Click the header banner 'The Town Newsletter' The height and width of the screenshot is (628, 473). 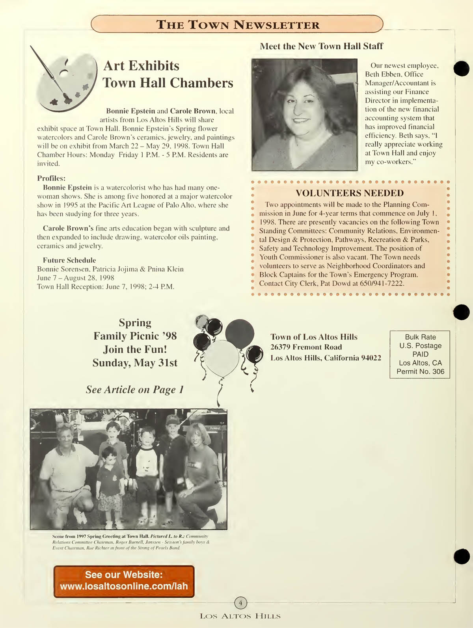[x=238, y=24]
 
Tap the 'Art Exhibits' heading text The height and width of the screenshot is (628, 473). [x=141, y=65]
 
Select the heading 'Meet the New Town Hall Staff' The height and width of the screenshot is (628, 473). [x=321, y=46]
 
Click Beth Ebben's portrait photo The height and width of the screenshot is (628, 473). [x=304, y=114]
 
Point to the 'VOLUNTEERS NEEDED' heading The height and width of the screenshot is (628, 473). [x=350, y=193]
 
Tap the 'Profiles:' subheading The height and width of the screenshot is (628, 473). [x=51, y=178]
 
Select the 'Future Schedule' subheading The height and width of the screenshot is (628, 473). [x=69, y=260]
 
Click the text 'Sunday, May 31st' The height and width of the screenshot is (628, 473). [x=135, y=362]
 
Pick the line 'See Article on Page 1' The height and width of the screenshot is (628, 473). [x=135, y=389]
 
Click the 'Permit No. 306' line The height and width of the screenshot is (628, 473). [x=420, y=372]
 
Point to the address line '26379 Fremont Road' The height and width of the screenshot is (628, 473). [x=306, y=347]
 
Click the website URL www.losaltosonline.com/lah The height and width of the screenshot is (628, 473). [x=124, y=586]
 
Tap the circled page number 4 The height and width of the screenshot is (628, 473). [x=240, y=603]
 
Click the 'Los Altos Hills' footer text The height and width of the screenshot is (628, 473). [x=240, y=616]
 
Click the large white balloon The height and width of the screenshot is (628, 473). [x=223, y=358]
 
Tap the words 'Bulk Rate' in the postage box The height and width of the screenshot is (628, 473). [x=420, y=337]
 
